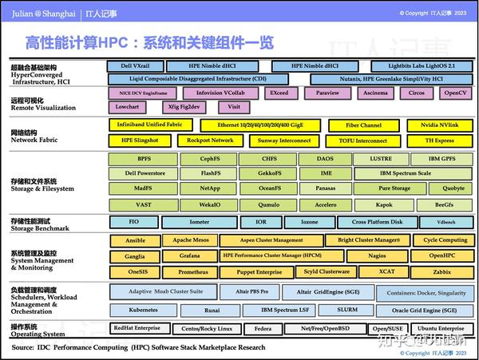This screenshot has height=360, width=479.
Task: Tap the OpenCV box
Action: [455, 93]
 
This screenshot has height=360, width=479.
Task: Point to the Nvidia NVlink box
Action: [439, 125]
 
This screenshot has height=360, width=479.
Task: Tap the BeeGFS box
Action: [442, 204]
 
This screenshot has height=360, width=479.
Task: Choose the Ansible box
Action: [136, 240]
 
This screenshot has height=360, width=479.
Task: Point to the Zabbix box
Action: [442, 271]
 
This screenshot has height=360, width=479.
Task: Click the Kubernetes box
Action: [143, 310]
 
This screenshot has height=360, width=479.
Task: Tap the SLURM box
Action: [347, 310]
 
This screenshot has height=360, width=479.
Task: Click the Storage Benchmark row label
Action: [40, 224]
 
